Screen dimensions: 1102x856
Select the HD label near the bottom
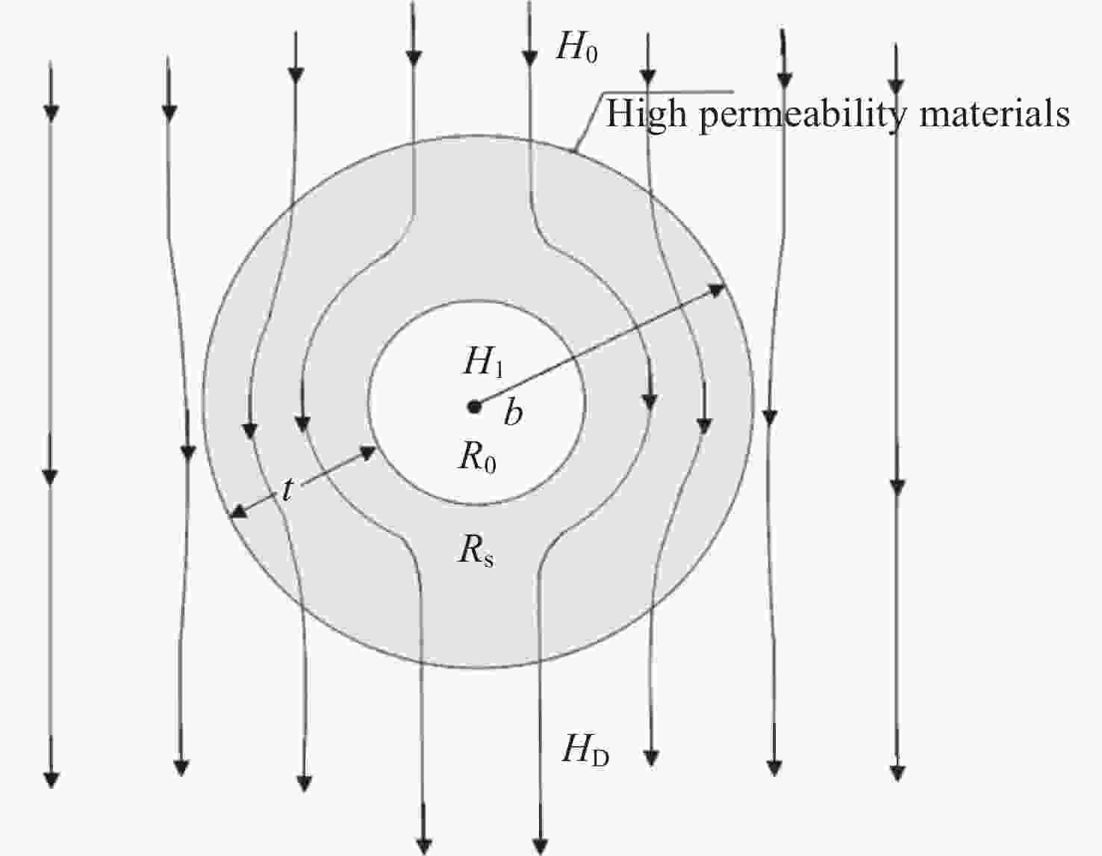coord(585,750)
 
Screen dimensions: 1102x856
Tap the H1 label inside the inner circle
coord(483,363)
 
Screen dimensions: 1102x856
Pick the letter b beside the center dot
coord(513,413)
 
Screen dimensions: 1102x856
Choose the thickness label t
coord(287,490)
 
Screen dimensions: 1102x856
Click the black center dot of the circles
coord(474,406)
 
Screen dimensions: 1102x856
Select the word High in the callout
coord(647,114)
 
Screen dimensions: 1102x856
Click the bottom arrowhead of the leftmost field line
coord(52,779)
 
